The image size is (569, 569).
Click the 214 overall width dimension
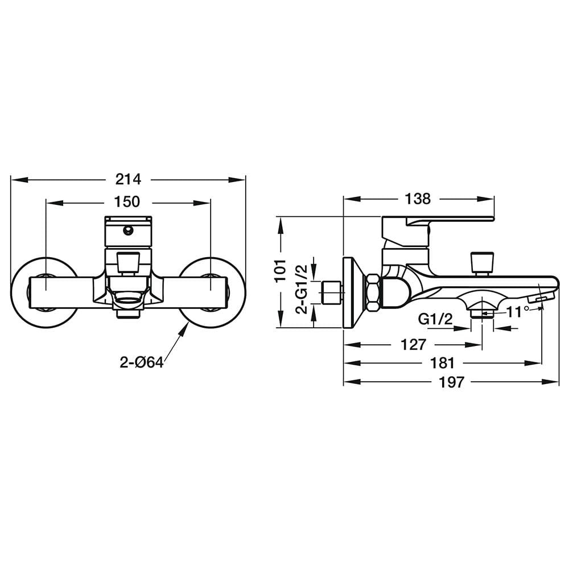click(x=128, y=179)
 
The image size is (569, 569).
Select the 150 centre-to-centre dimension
click(x=127, y=202)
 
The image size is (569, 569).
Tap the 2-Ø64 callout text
click(x=142, y=362)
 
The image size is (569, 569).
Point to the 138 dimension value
click(x=418, y=199)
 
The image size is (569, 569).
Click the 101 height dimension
click(x=281, y=270)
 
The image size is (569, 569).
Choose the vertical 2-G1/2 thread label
click(x=302, y=289)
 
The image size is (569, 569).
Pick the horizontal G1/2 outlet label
click(x=435, y=319)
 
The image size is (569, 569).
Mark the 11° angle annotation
click(x=518, y=312)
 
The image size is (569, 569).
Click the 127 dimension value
click(x=413, y=344)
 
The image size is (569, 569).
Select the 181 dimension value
click(x=442, y=363)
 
